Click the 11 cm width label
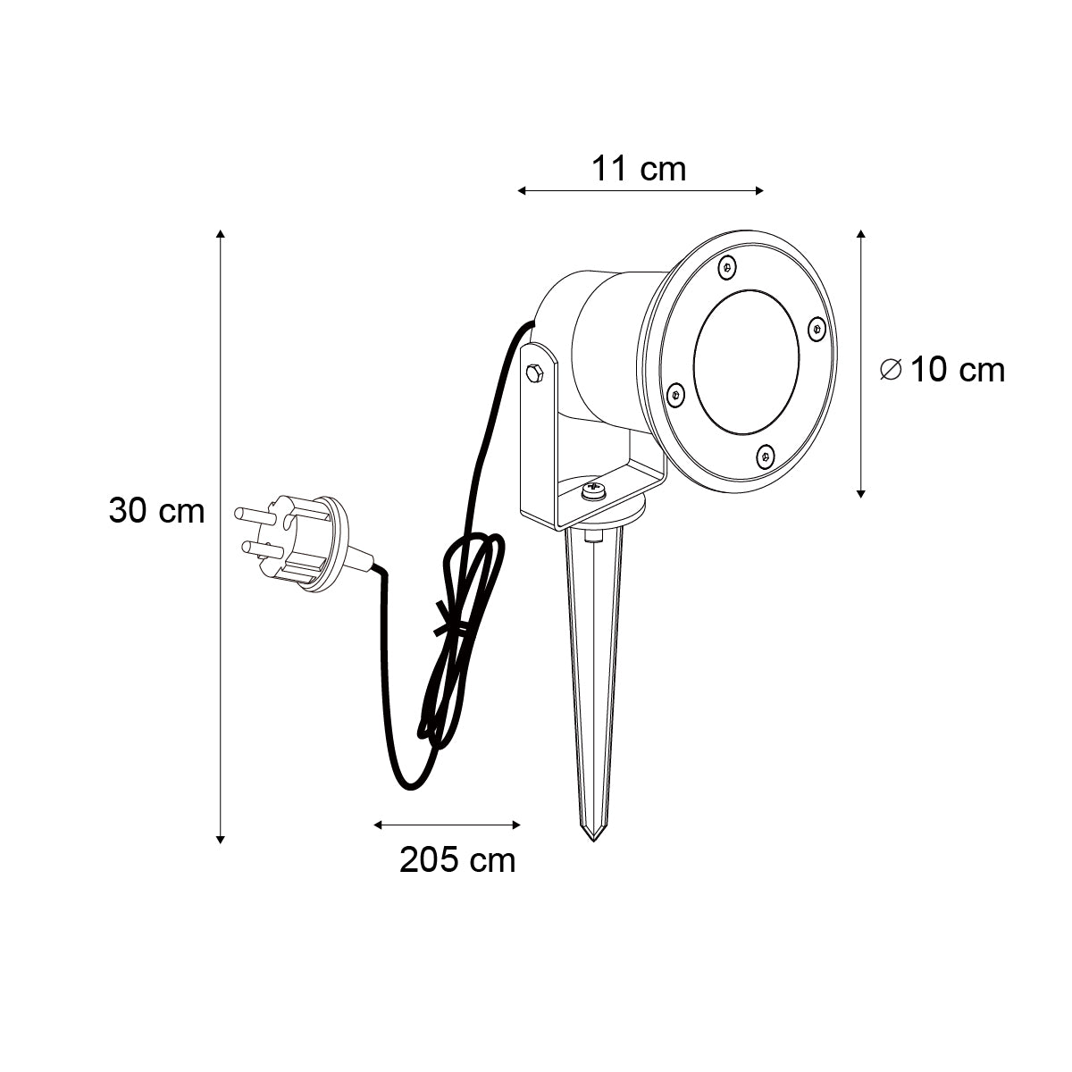638,169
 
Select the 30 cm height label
157,510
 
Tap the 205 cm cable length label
457,860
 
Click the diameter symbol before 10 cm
891,370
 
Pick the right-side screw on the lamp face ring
817,328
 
